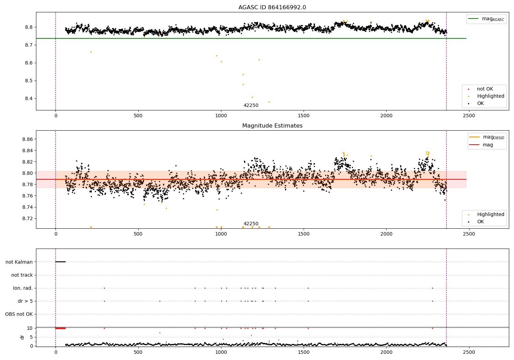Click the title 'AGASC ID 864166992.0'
(272, 8)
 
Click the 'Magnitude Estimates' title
(272, 126)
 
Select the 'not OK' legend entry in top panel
(485, 89)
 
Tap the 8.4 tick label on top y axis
(28, 99)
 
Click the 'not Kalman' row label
(19, 262)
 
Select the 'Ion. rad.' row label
(23, 288)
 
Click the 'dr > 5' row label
(25, 301)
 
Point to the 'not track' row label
(22, 275)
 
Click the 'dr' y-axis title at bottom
(22, 337)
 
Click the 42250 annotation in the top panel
(251, 106)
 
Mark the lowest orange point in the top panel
(269, 102)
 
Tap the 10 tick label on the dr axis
(30, 328)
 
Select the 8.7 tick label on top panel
(28, 45)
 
